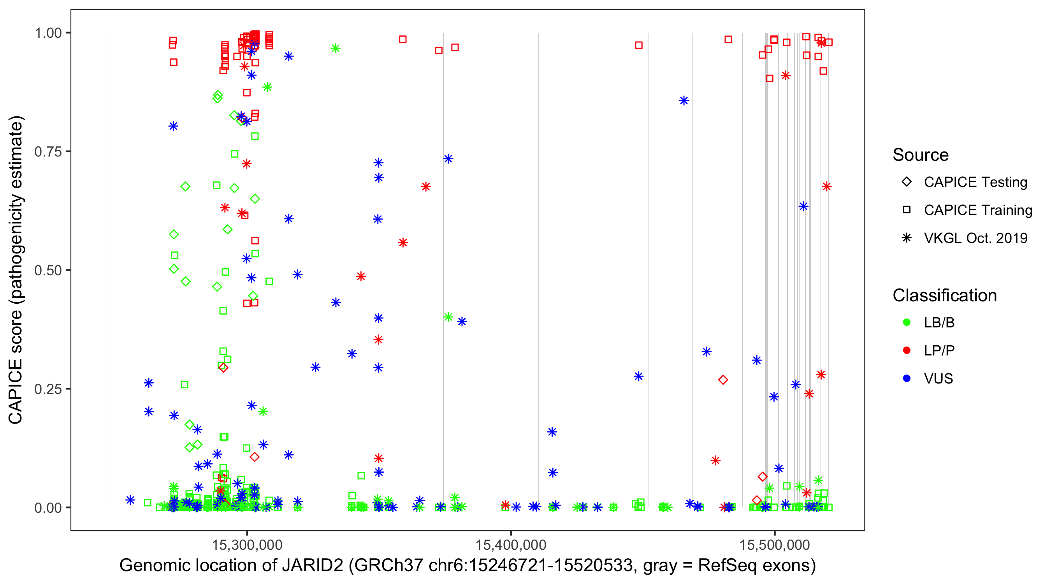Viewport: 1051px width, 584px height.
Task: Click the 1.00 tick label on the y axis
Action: click(x=48, y=33)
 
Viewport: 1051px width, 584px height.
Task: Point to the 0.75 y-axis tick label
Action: click(x=48, y=152)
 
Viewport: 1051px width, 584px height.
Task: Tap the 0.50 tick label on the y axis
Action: click(x=48, y=270)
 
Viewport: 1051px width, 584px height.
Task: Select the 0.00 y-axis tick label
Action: click(x=48, y=508)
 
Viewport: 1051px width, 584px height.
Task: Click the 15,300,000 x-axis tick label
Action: click(x=247, y=545)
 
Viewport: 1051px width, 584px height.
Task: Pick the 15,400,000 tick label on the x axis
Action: click(x=511, y=545)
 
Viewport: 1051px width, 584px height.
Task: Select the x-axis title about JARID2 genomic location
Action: click(x=468, y=566)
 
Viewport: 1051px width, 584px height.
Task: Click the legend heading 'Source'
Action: click(x=921, y=155)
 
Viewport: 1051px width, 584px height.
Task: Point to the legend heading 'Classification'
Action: click(x=944, y=296)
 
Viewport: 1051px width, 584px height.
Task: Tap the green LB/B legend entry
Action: click(x=939, y=323)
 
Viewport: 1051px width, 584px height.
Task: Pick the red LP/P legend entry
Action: click(x=939, y=350)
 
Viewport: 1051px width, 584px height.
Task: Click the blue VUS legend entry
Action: click(x=938, y=379)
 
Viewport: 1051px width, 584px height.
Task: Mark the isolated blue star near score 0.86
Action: click(x=684, y=101)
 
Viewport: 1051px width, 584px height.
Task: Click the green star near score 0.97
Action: click(x=336, y=49)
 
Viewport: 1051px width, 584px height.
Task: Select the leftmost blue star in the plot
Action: click(x=130, y=500)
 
